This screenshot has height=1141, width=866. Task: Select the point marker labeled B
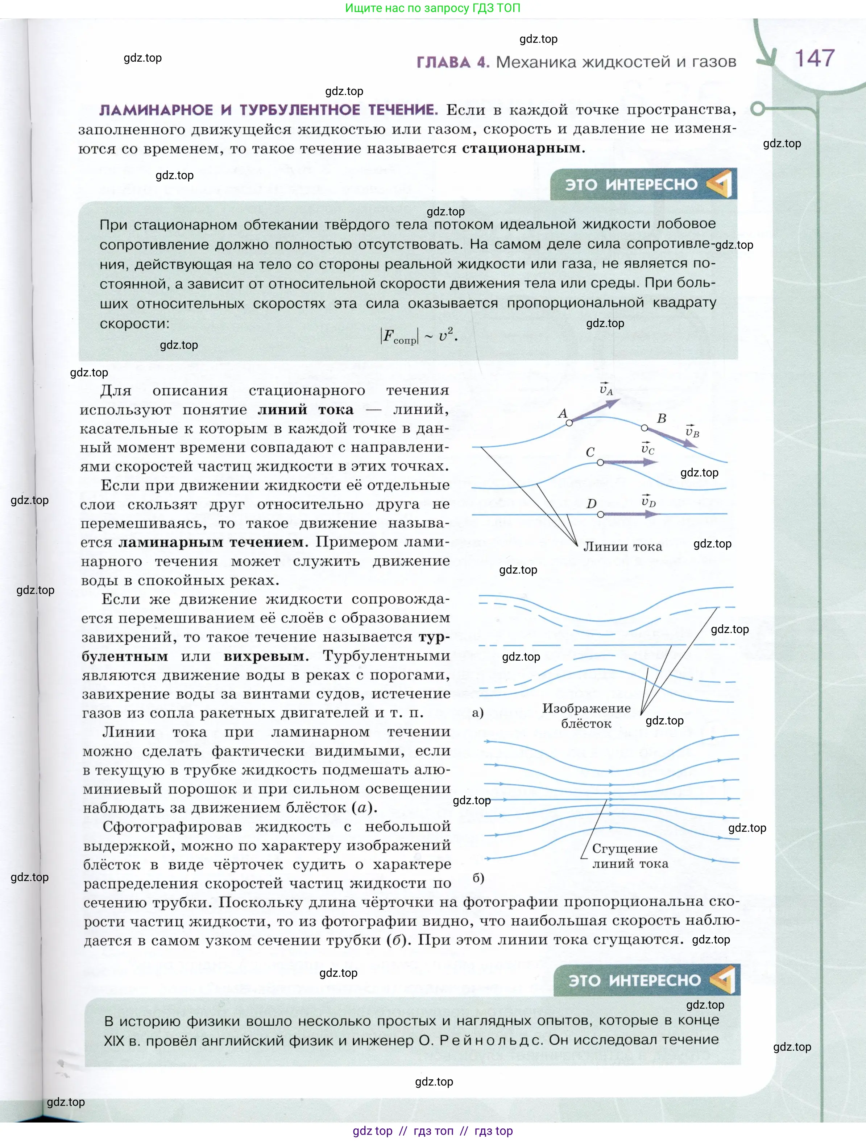[644, 427]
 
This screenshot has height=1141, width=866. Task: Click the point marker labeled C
[600, 463]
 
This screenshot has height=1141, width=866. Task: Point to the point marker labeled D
[600, 514]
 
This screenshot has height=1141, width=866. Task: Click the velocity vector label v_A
[606, 389]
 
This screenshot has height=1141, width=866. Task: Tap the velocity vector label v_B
[692, 431]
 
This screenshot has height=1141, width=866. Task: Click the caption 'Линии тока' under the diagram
[622, 547]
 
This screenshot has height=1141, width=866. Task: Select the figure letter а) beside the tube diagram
[478, 713]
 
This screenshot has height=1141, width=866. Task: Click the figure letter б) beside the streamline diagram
[478, 878]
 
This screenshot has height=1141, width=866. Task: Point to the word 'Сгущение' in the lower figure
[625, 848]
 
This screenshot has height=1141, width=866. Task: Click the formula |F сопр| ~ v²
[419, 337]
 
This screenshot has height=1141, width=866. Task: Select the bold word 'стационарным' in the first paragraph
[521, 149]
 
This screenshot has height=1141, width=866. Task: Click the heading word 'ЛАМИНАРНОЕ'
[156, 110]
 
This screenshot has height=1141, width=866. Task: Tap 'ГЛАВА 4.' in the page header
[452, 62]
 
